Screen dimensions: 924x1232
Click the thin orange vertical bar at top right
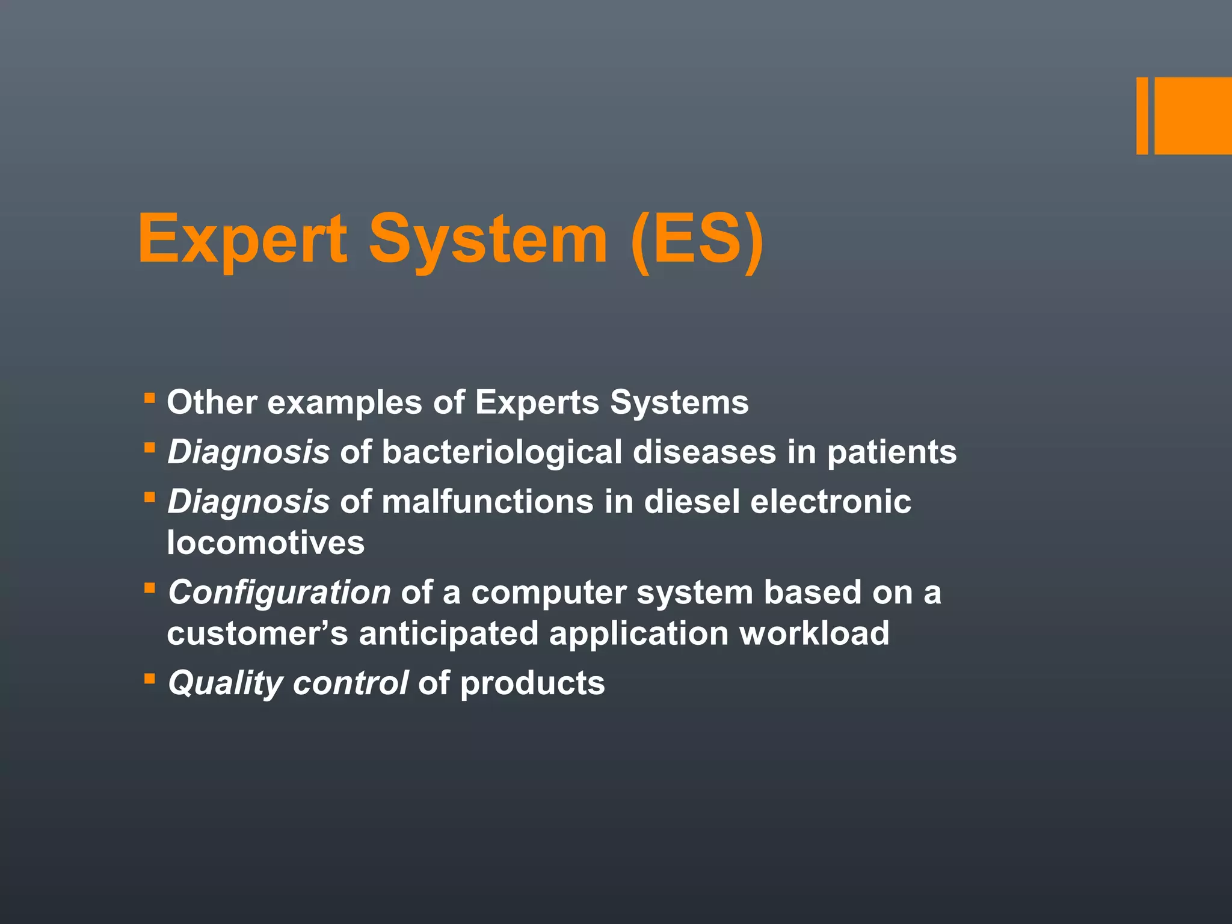click(x=1142, y=115)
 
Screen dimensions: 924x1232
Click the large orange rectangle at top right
click(x=1193, y=115)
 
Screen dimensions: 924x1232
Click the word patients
click(x=892, y=452)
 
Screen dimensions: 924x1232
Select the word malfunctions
click(x=487, y=502)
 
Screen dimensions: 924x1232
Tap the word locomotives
click(x=265, y=543)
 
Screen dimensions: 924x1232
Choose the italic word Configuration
click(x=279, y=593)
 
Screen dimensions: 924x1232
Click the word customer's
click(x=257, y=633)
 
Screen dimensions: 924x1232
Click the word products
click(x=532, y=683)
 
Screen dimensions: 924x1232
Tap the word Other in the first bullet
click(x=212, y=402)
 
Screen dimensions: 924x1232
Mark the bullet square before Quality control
click(x=150, y=679)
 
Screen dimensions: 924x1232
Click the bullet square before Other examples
click(x=150, y=397)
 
